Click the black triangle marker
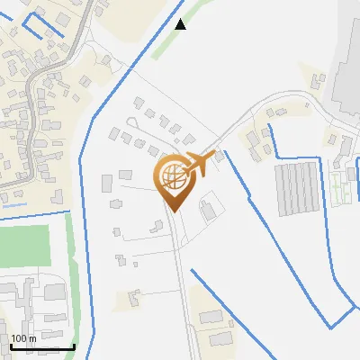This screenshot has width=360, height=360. point(181,24)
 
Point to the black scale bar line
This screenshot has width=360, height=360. point(41,347)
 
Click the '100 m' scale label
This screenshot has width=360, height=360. point(23,338)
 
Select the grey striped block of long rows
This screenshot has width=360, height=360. point(296,188)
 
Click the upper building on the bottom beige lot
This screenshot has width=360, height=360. point(211,317)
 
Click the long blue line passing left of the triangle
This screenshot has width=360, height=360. point(126,90)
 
